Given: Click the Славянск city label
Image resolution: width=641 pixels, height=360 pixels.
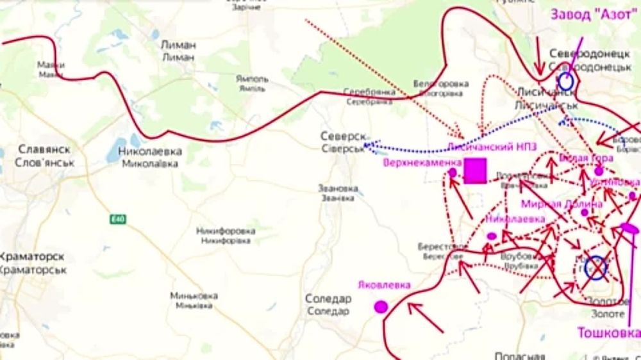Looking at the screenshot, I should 44,149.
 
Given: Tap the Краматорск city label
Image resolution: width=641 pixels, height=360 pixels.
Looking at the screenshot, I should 33,257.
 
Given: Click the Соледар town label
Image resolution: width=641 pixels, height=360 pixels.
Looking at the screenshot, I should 328,299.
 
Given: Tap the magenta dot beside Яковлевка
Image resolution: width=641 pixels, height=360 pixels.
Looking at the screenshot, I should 381,307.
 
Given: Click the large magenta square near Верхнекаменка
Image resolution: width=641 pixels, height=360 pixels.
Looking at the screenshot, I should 475,172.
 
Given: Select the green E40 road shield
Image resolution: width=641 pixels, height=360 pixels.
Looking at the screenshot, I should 117,219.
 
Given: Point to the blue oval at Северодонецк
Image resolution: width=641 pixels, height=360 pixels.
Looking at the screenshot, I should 565,81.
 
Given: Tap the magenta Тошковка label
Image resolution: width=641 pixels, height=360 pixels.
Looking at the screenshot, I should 608,333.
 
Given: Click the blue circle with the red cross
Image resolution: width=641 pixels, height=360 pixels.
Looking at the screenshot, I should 595,268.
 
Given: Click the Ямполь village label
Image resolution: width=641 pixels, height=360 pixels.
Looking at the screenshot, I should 252,79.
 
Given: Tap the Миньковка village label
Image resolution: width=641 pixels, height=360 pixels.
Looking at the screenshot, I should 194,296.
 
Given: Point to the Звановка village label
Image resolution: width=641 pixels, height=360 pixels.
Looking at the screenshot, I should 337,188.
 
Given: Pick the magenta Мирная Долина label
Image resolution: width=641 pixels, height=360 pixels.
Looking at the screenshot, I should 562,204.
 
